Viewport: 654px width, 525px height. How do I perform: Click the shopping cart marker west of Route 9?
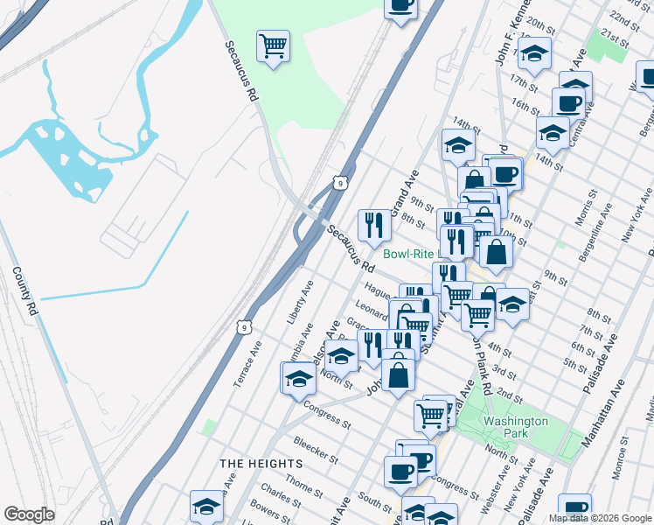tap(274, 45)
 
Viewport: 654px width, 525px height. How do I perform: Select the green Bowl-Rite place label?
tap(415, 255)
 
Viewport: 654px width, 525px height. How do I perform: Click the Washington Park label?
tap(516, 427)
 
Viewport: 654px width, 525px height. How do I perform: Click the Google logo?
tap(29, 514)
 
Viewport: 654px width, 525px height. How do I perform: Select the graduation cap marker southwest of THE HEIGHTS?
tap(206, 506)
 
